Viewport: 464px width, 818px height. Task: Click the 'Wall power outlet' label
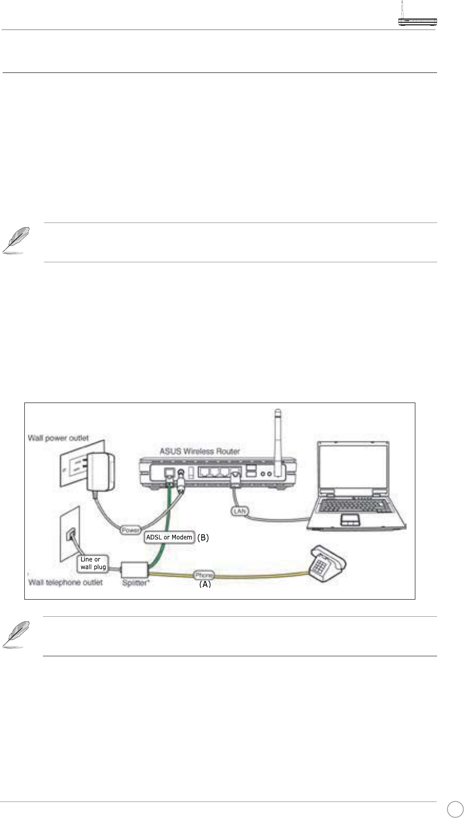[58, 438]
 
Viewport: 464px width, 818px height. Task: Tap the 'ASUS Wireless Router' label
[199, 451]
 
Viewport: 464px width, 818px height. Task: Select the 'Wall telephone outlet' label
[65, 583]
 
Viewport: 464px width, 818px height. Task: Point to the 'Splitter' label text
[134, 583]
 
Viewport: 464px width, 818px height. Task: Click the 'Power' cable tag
[130, 530]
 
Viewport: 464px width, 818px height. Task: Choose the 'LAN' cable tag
[240, 511]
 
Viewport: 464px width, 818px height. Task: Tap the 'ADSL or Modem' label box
[169, 537]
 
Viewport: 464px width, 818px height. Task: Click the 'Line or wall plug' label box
[93, 563]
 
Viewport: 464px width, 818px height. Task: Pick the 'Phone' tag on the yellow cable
[204, 575]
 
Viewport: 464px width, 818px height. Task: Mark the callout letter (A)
[205, 584]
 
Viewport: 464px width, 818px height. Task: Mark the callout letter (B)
[203, 538]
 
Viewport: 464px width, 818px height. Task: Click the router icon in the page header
[417, 20]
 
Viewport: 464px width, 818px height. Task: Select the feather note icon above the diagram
[15, 241]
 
